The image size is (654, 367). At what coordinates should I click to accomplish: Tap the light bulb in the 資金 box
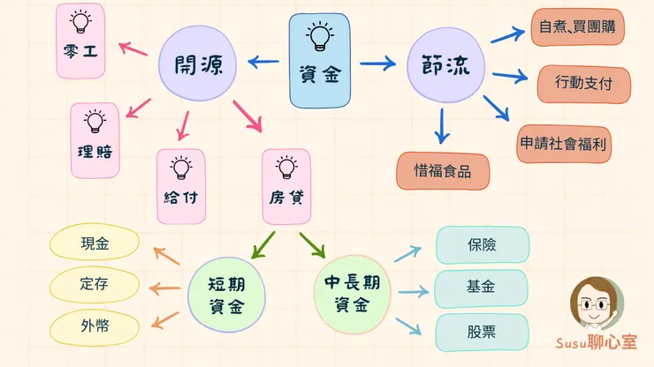(x=318, y=36)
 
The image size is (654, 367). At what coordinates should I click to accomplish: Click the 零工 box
(x=80, y=41)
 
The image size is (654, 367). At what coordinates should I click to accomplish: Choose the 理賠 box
(x=95, y=139)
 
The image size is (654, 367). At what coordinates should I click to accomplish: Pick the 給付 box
(x=181, y=185)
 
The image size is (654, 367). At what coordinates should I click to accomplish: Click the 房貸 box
(x=286, y=185)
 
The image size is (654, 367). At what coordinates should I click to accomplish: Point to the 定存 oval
(x=94, y=285)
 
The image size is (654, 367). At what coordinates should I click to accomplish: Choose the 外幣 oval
(x=94, y=326)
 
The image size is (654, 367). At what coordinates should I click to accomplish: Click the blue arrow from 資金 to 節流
(x=376, y=64)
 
